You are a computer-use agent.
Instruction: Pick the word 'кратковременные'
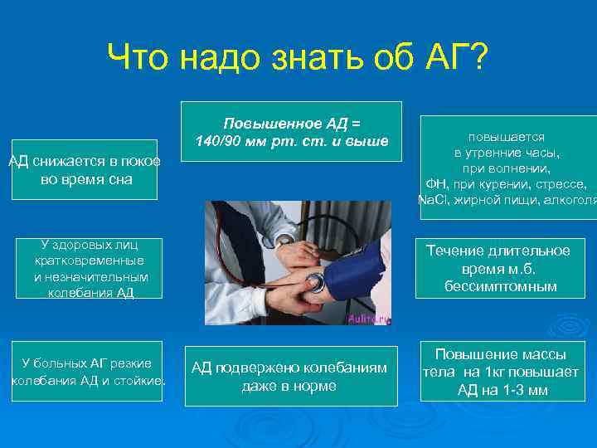point(84,261)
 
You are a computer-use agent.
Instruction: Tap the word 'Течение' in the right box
point(454,251)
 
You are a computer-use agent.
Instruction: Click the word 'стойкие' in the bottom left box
point(142,381)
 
